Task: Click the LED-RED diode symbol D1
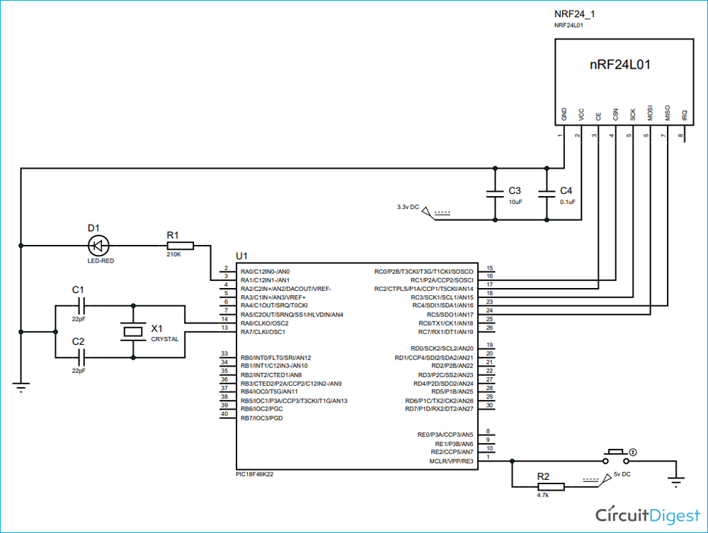[x=98, y=246]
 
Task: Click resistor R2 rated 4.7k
[x=549, y=486]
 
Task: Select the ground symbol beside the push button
[x=677, y=481]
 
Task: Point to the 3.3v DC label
[x=408, y=207]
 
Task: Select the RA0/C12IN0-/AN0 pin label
[x=265, y=272]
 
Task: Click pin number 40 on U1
[x=224, y=414]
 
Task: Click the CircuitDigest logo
[x=646, y=513]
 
